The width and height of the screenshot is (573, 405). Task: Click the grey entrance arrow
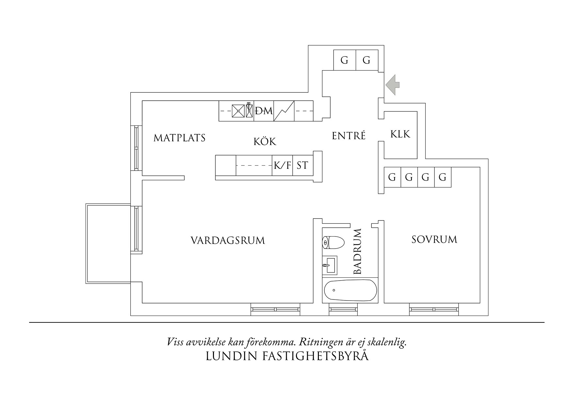393,85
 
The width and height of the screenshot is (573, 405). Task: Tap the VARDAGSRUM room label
228,241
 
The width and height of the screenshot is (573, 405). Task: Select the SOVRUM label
434,240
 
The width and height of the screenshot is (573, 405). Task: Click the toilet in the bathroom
333,243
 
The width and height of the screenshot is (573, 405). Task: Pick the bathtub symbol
350,290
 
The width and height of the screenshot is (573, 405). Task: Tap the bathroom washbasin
330,265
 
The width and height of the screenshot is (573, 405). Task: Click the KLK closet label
400,134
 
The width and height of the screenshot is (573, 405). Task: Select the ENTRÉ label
349,136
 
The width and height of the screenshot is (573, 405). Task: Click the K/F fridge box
282,166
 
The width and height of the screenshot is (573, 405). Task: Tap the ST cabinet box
303,166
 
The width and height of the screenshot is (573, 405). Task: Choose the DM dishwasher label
264,111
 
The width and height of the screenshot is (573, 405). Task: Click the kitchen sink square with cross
238,111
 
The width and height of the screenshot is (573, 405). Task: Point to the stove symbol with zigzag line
284,111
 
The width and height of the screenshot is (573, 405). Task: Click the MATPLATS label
180,138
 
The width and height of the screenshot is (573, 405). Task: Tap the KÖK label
265,142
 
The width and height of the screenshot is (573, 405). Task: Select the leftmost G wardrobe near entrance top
344,60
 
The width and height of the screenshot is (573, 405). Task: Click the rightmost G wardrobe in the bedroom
443,177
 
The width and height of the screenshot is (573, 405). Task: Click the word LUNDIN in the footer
232,356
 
